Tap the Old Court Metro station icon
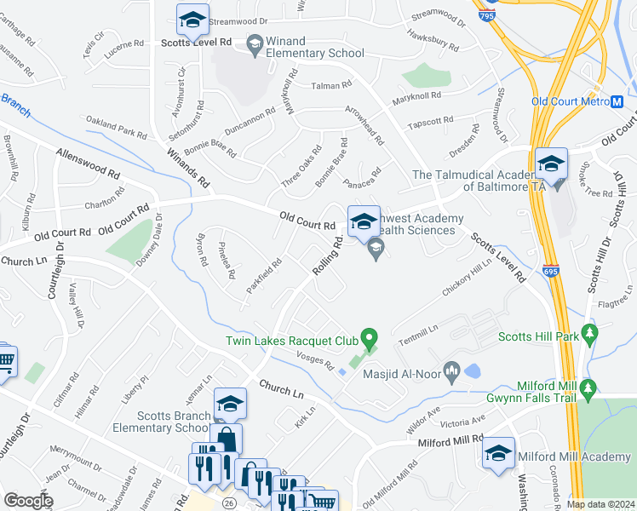[x=617, y=100]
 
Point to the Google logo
[x=28, y=501]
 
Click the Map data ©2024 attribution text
[x=600, y=504]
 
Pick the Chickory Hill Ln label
[x=468, y=278]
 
